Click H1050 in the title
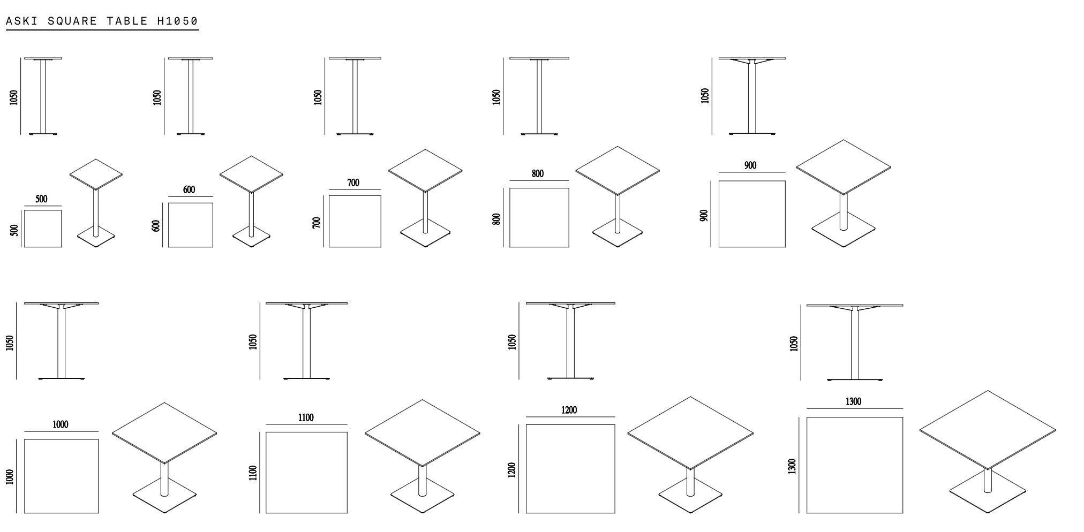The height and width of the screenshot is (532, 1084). pos(177,21)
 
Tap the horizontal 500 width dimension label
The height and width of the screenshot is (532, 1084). pos(41,199)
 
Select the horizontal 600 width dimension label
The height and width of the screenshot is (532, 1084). pos(189,190)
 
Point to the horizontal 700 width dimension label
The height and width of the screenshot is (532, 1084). pos(353,183)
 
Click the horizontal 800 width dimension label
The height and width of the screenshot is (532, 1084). pos(538,174)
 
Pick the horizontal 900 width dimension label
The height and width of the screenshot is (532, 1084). pos(750,166)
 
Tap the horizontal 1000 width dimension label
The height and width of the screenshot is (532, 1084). pos(61,424)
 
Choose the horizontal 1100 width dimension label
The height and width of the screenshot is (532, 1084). pos(306,417)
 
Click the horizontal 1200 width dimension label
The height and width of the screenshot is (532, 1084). pos(569,410)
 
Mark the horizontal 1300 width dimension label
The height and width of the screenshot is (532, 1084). pos(854,401)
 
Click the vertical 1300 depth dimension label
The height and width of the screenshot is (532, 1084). pos(793,466)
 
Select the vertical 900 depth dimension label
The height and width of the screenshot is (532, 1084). pos(704,215)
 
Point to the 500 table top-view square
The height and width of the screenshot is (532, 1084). pos(43,229)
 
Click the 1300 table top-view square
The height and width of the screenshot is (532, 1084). pos(855,465)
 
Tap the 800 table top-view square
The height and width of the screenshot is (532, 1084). pos(539,217)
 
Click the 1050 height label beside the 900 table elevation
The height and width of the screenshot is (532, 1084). pos(705,96)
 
